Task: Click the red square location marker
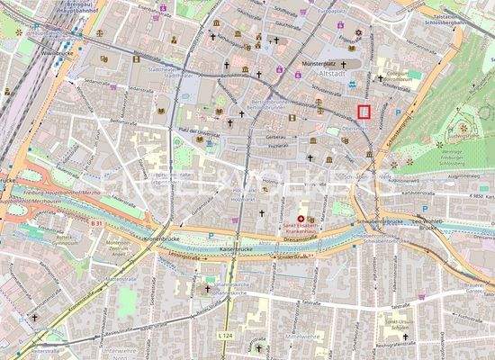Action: (x=364, y=112)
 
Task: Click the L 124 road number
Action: (x=225, y=335)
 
